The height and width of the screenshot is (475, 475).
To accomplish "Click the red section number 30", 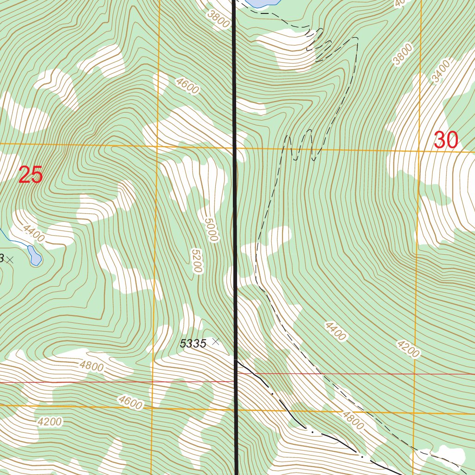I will click(x=446, y=140).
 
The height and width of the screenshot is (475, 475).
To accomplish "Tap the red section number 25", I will click(x=31, y=176).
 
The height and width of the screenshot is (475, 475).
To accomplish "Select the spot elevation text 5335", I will click(x=193, y=344).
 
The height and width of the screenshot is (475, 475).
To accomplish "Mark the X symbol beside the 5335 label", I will click(x=215, y=341).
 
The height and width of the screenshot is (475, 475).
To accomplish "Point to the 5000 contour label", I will click(x=210, y=227).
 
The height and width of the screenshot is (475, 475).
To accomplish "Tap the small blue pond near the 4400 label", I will click(x=34, y=255).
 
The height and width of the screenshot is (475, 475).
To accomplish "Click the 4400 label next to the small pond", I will click(x=33, y=233).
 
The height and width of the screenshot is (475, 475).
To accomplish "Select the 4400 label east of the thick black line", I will click(x=335, y=331).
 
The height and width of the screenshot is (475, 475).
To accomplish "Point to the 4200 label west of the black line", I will click(x=50, y=422).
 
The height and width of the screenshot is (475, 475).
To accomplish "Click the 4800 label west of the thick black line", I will click(x=91, y=366).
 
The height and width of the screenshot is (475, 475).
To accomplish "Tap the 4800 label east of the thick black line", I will click(x=353, y=420).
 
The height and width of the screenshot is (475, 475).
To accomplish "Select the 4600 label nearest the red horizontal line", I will click(x=130, y=402).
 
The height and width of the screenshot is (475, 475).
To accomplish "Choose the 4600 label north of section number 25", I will click(x=187, y=86).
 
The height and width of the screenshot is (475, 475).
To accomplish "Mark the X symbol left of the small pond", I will click(x=10, y=260).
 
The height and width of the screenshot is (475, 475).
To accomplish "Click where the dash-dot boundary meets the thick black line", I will click(x=237, y=360).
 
